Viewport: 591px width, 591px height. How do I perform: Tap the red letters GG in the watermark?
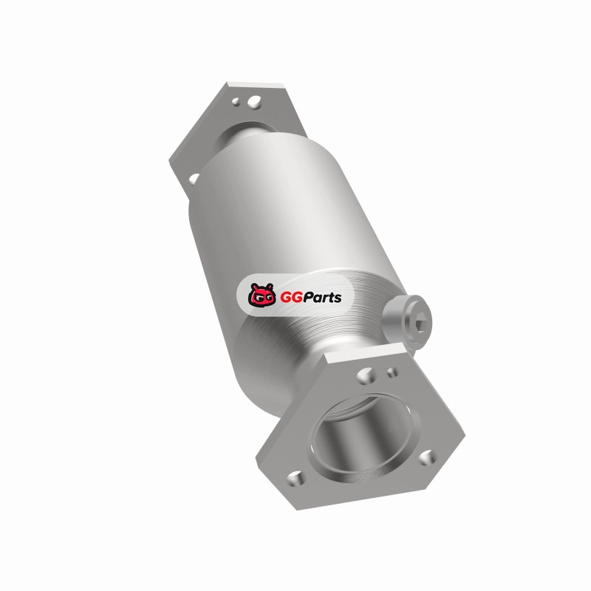289,298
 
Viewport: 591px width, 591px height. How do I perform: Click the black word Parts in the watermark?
321,298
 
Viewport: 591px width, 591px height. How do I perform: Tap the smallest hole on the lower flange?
392,372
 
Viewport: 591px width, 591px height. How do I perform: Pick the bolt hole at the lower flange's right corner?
428,457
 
